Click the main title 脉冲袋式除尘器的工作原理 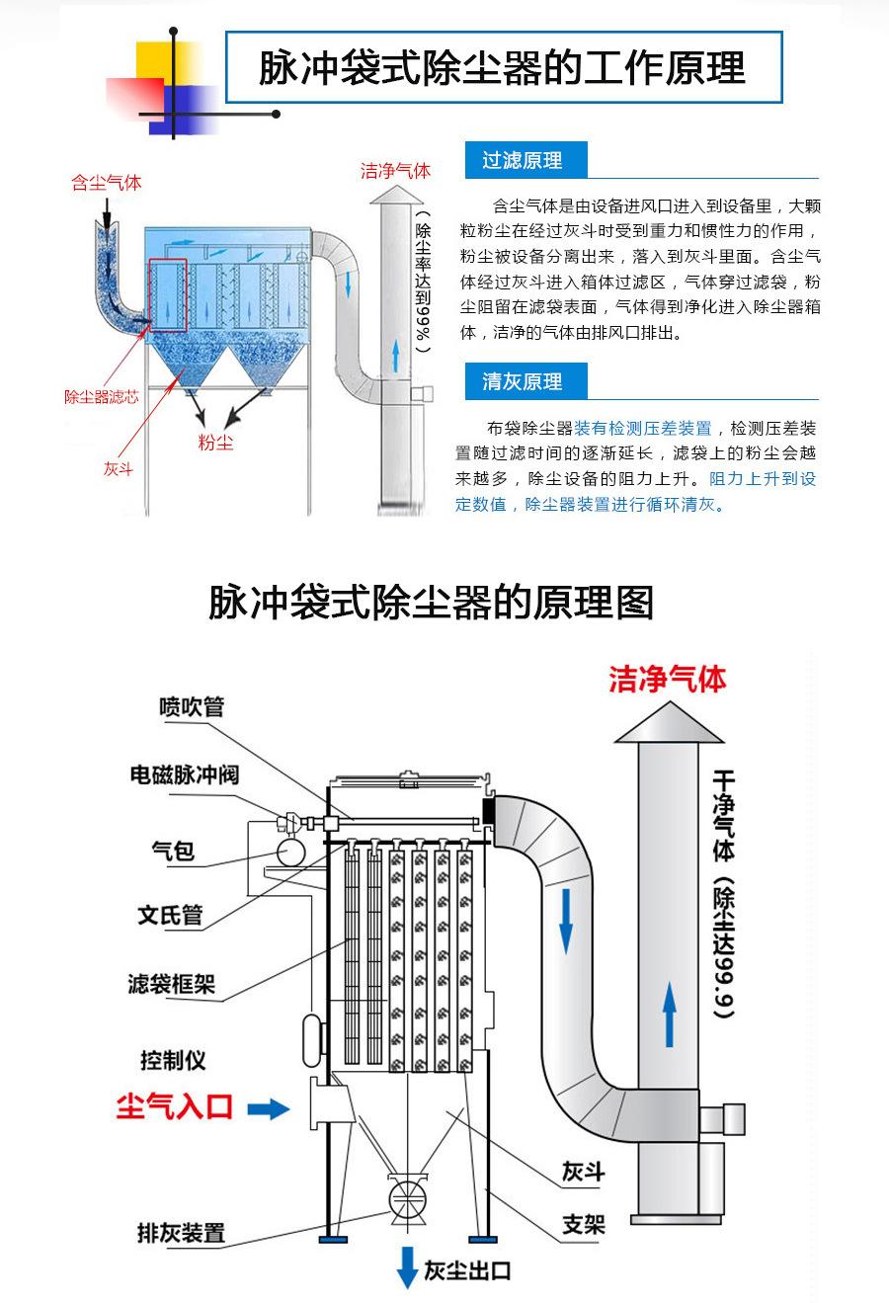pos(502,68)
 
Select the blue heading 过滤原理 pos(522,160)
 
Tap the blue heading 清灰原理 pos(522,381)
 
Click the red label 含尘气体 pos(106,183)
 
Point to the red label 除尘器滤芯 pos(102,397)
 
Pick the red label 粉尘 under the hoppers pos(215,442)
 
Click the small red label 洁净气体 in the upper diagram pos(395,171)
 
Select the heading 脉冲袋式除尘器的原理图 pos(431,602)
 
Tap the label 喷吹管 pos(192,707)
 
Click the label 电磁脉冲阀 pos(185,774)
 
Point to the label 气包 pos(173,850)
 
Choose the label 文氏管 pos(170,915)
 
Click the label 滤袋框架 pos(171,984)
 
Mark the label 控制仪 pos(173,1060)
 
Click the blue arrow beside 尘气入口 pos(268,1109)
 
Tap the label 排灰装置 pos(181,1233)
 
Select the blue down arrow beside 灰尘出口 pos(407,1267)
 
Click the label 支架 pos(583,1225)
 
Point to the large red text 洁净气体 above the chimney pos(668,680)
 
